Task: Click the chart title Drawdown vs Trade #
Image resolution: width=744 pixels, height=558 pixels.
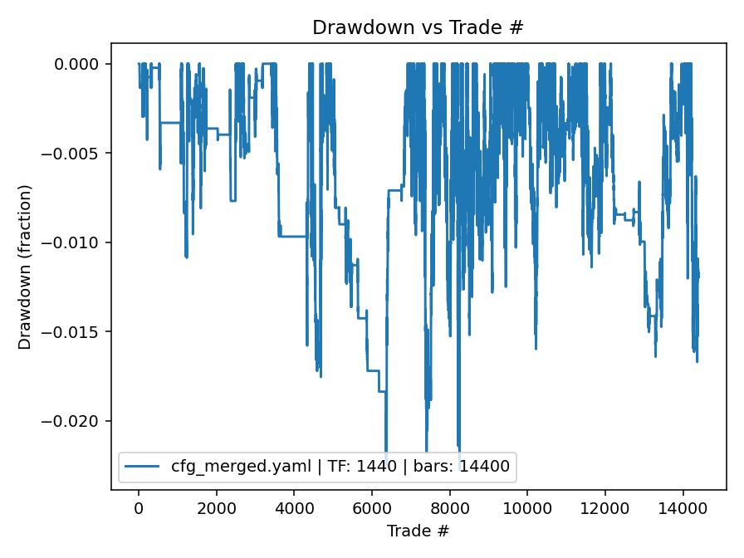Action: (418, 27)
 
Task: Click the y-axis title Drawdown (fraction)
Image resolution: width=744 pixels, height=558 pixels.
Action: (25, 267)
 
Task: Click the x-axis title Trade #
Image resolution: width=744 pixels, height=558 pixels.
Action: (418, 530)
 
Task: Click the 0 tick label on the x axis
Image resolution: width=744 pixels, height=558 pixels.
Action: (139, 507)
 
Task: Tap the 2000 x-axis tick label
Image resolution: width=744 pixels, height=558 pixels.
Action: (217, 507)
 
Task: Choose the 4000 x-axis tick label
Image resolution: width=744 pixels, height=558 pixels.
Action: (294, 507)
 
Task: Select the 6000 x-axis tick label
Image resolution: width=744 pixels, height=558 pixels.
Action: (372, 507)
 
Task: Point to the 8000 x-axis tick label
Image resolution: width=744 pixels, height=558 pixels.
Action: (450, 507)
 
